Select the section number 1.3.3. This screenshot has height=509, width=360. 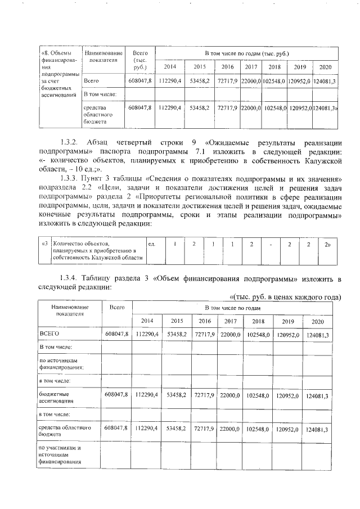point(71,179)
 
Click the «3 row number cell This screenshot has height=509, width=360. point(44,244)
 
